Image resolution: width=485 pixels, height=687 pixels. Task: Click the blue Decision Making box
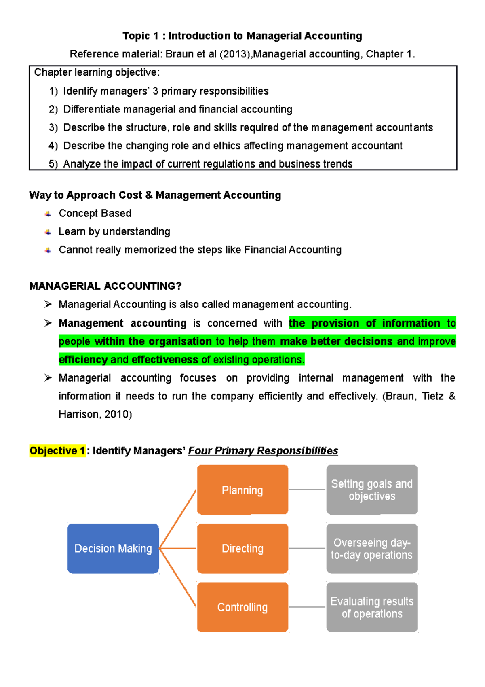(113, 548)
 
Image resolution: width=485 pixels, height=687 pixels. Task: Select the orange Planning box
(242, 490)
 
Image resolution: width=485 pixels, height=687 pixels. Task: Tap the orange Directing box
(242, 548)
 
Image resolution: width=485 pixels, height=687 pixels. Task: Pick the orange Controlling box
(242, 607)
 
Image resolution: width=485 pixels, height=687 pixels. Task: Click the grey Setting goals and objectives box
(372, 490)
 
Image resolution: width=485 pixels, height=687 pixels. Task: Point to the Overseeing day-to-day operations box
(372, 548)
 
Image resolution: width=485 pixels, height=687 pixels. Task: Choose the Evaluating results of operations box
(372, 607)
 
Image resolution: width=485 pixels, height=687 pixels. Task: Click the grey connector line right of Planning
(307, 490)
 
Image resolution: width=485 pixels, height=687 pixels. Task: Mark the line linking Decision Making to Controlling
(178, 578)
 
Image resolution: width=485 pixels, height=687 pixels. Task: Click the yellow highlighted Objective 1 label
(57, 451)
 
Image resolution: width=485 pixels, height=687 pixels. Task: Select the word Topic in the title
(136, 36)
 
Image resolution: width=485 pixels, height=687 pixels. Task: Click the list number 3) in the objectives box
(53, 128)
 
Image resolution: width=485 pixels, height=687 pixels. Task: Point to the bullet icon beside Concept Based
(48, 214)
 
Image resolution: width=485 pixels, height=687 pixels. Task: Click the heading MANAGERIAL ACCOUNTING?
(105, 286)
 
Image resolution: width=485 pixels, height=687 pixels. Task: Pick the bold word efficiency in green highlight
(83, 360)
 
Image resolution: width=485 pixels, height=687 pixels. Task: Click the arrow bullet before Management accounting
(48, 323)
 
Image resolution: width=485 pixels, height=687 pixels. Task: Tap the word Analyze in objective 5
(82, 164)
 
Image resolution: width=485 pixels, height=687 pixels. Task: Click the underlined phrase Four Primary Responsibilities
(263, 451)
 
